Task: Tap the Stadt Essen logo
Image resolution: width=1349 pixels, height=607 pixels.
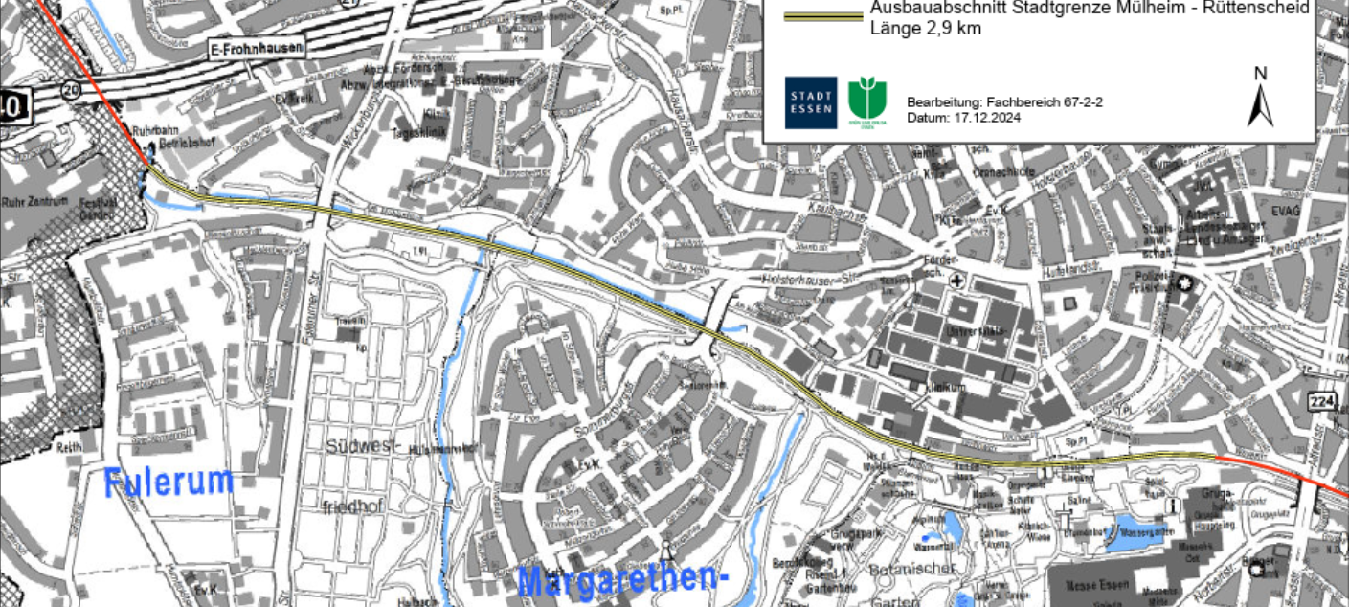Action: tap(810, 102)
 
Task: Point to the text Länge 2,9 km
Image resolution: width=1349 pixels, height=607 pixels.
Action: tap(925, 29)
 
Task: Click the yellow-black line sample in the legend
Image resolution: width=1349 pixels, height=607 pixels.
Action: tap(822, 17)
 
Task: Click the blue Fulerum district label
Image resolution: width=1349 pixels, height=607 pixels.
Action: tap(169, 482)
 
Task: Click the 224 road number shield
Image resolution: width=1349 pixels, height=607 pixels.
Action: tap(1322, 400)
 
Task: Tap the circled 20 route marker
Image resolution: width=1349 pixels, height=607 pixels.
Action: tap(68, 90)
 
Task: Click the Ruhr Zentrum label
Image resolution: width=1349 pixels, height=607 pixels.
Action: tap(34, 203)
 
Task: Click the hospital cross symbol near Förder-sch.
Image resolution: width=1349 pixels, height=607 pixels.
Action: tap(956, 281)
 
